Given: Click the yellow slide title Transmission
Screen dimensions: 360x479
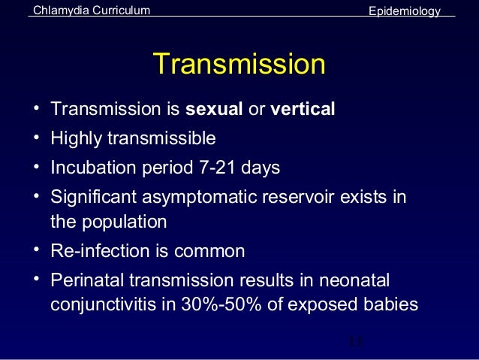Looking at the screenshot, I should point(239,64).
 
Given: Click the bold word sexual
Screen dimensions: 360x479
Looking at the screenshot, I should point(214,110).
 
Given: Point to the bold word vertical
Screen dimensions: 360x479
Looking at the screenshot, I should point(303,110).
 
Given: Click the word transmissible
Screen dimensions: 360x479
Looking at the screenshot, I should point(161,139).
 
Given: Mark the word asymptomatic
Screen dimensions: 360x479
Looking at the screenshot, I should point(200,197).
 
